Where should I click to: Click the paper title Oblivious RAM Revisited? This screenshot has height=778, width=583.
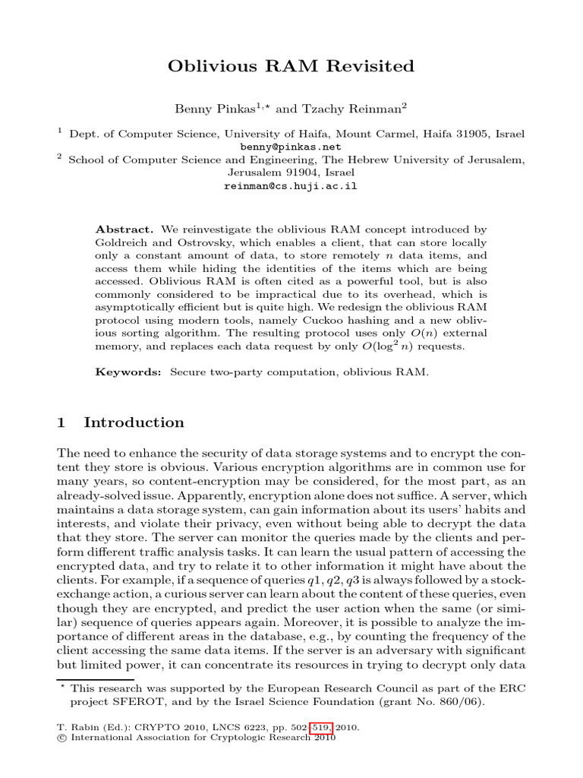pos(291,67)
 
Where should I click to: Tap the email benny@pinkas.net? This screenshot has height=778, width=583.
pos(291,147)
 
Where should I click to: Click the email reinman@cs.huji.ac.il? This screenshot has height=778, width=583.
pos(291,185)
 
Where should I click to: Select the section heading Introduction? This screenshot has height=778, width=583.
pos(134,422)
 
